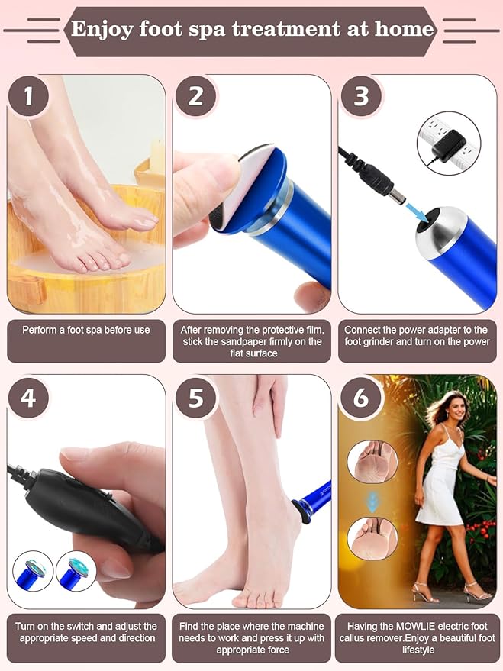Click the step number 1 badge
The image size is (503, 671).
click(28, 98)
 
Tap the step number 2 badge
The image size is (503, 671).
click(195, 98)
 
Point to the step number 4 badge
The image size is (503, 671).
click(28, 397)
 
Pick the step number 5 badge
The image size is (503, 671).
click(195, 397)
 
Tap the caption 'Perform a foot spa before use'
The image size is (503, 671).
click(85, 330)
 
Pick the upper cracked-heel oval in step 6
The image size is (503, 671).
click(372, 463)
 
